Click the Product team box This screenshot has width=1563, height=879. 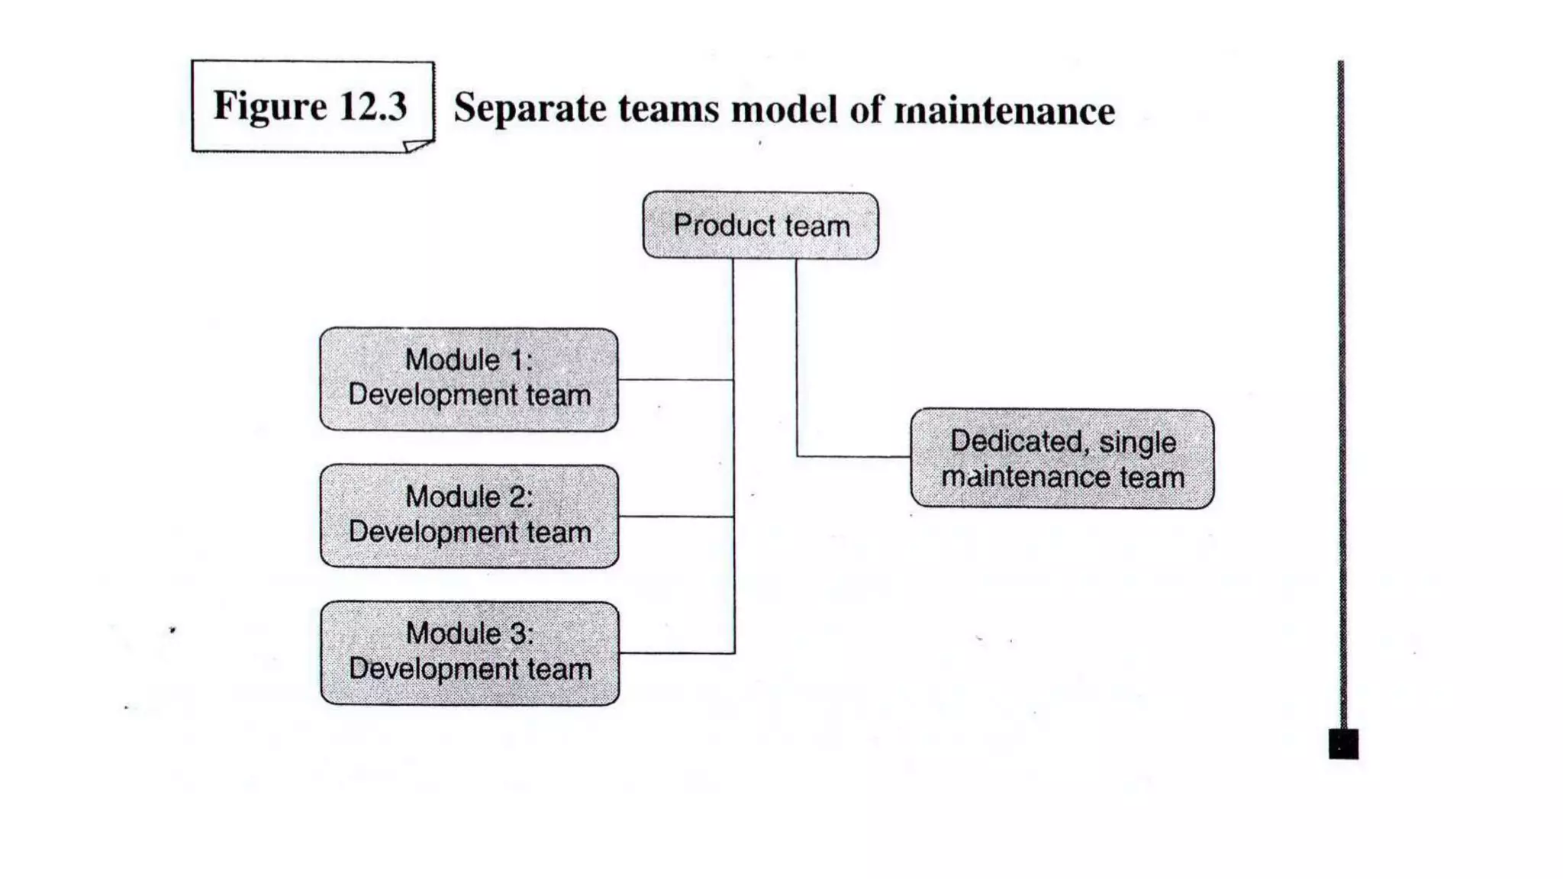click(x=760, y=226)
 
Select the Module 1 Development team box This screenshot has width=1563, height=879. click(x=469, y=379)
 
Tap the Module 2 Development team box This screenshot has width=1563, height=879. click(x=469, y=516)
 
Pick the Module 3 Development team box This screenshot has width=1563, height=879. click(x=470, y=653)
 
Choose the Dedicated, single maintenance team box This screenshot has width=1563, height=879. click(x=1062, y=459)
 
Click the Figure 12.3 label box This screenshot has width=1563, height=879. click(x=312, y=106)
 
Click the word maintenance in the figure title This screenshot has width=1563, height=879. click(x=1005, y=110)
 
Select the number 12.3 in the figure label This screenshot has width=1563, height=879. click(x=373, y=105)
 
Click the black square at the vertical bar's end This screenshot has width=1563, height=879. click(x=1343, y=743)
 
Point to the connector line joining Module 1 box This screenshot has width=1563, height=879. click(x=675, y=379)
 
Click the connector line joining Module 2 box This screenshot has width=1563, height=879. click(x=676, y=517)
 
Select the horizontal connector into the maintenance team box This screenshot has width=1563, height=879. click(x=853, y=456)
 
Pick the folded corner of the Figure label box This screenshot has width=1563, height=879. click(x=417, y=146)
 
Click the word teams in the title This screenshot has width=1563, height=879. click(x=669, y=108)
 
